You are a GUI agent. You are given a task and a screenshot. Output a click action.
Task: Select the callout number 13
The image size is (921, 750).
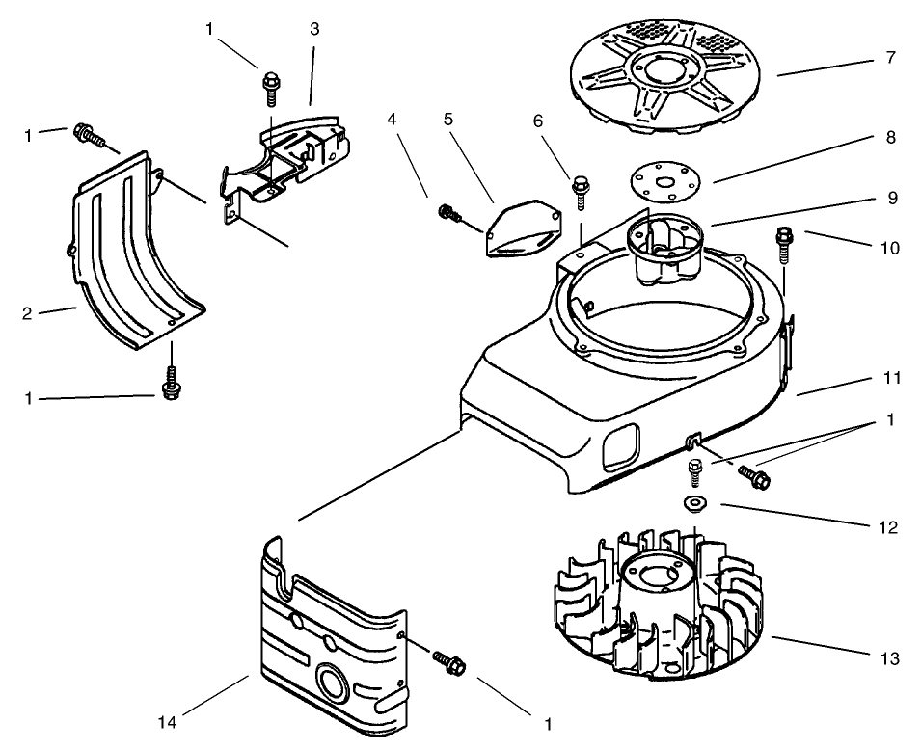point(889,659)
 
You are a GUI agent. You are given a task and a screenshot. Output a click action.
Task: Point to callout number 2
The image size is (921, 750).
point(28,312)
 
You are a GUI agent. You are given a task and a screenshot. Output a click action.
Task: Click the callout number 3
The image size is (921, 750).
point(314,28)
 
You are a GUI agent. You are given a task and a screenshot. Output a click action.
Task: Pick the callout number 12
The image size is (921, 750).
point(889,528)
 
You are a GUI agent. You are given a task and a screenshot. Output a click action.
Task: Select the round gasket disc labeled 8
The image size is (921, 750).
point(664,180)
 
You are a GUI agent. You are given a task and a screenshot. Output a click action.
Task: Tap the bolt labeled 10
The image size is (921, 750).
point(783,242)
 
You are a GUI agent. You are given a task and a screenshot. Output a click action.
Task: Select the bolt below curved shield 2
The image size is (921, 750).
point(172,385)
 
